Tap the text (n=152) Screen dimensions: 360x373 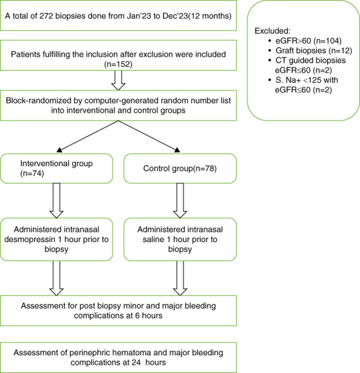click(118, 64)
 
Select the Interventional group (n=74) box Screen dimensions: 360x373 click(56, 168)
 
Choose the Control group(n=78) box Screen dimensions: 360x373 click(180, 168)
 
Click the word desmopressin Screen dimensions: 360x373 click(30, 240)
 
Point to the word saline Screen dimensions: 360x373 click(154, 240)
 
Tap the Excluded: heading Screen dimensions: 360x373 click(273, 31)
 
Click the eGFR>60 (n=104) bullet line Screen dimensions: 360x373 click(308, 41)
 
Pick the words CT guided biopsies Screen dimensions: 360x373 click(311, 61)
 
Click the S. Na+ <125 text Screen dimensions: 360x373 click(299, 80)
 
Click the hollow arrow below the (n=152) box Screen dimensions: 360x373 click(118, 80)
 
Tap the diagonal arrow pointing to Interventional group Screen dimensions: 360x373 click(87, 137)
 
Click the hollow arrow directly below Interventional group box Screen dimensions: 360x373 click(56, 200)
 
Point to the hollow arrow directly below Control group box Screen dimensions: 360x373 click(180, 200)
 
